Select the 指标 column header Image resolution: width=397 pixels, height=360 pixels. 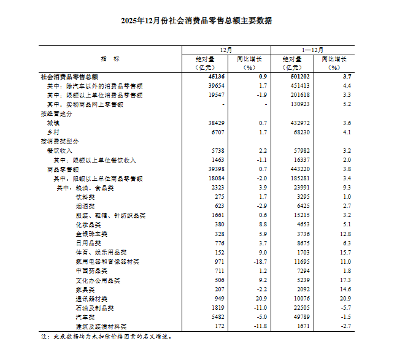[x=110, y=58]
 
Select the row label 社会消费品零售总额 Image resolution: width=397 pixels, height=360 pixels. [x=69, y=77]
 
